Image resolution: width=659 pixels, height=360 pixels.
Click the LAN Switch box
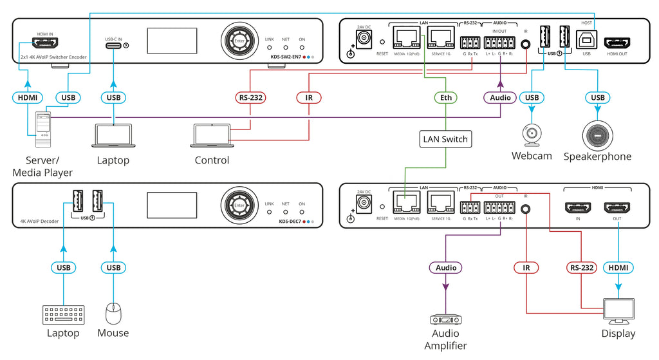pyautogui.click(x=445, y=138)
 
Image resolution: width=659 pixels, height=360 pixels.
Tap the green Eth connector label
pyautogui.click(x=445, y=98)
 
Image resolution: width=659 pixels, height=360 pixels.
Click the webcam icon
pyautogui.click(x=532, y=134)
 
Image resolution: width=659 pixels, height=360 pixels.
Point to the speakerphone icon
pyautogui.click(x=597, y=134)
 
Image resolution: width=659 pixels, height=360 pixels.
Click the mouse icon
pyautogui.click(x=113, y=314)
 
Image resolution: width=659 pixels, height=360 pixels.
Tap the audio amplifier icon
pyautogui.click(x=445, y=319)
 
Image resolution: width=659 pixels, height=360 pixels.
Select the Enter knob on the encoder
pyautogui.click(x=239, y=41)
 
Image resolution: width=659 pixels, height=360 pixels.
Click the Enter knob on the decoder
pyautogui.click(x=239, y=205)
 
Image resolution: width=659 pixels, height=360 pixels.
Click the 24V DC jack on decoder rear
pyautogui.click(x=364, y=204)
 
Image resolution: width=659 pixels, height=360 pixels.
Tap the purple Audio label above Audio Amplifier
pyautogui.click(x=445, y=267)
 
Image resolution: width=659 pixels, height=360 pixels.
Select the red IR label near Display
pyautogui.click(x=526, y=267)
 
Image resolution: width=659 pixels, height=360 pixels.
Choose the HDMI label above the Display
pyautogui.click(x=618, y=267)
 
